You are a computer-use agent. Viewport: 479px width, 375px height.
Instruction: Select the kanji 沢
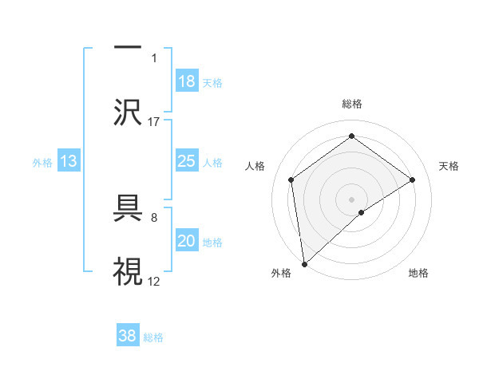pyautogui.click(x=129, y=111)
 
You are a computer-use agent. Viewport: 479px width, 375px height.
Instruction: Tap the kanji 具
pyautogui.click(x=129, y=210)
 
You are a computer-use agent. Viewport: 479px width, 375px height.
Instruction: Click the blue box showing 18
pyautogui.click(x=187, y=81)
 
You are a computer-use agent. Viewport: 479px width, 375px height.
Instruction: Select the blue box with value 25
pyautogui.click(x=187, y=161)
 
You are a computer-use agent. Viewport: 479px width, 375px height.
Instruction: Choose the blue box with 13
pyautogui.click(x=69, y=162)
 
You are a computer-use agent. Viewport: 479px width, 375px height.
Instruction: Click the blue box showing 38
pyautogui.click(x=128, y=336)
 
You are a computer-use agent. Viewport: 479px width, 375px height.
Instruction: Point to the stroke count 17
pyautogui.click(x=154, y=121)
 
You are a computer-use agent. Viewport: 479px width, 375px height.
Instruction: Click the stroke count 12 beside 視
pyautogui.click(x=154, y=281)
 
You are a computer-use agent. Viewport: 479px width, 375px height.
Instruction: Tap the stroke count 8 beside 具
pyautogui.click(x=153, y=216)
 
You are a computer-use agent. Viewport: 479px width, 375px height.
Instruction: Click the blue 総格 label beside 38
pyautogui.click(x=153, y=337)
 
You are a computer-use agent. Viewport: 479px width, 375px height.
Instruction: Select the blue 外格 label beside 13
pyautogui.click(x=42, y=163)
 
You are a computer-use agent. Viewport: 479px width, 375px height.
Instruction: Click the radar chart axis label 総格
pyautogui.click(x=351, y=104)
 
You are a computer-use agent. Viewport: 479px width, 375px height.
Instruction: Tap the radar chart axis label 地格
pyautogui.click(x=418, y=274)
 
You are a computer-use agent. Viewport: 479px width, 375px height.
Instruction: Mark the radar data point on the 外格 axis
pyautogui.click(x=303, y=263)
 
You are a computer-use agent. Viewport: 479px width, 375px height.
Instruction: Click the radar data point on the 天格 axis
pyautogui.click(x=413, y=180)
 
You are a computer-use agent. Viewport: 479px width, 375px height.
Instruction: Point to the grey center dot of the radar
pyautogui.click(x=351, y=199)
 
